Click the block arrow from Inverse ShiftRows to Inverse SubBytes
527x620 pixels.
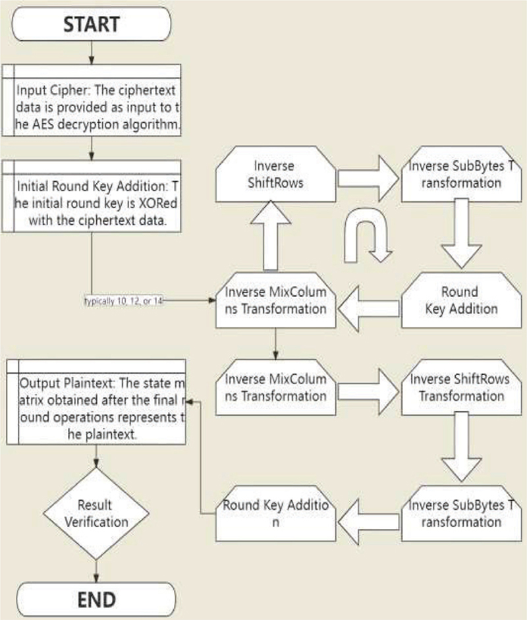[x=368, y=174]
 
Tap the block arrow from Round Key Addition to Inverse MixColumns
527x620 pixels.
[x=368, y=306]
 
